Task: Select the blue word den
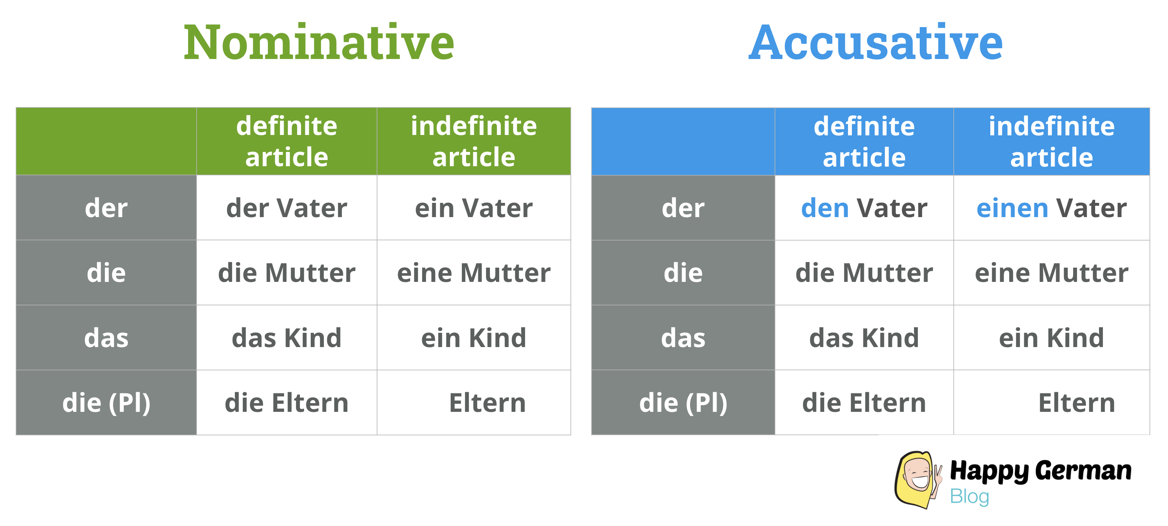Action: pos(825,209)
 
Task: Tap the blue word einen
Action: pos(1012,209)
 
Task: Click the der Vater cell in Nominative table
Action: pos(286,209)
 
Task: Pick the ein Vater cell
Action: pos(473,209)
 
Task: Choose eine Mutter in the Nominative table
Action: pos(473,273)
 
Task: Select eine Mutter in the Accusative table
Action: pos(1051,273)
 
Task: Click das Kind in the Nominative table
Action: pos(286,338)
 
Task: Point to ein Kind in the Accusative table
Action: pos(1051,338)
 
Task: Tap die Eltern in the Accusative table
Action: pos(864,403)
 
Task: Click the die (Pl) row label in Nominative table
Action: pos(106,403)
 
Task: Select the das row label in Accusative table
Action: pos(683,338)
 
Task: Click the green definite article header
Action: pos(286,142)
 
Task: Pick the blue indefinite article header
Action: pos(1051,142)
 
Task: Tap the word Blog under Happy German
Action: pos(969,497)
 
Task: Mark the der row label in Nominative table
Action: pos(106,209)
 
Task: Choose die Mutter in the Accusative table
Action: pos(864,273)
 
